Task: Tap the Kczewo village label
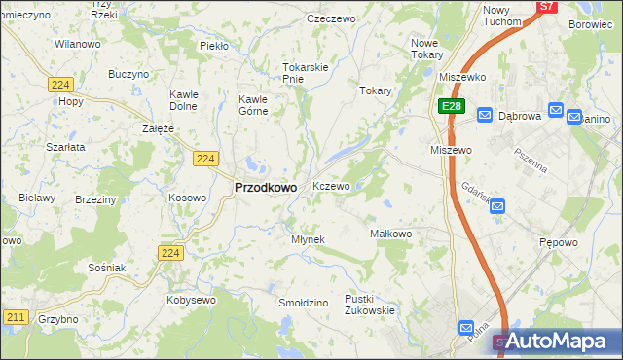(x=331, y=186)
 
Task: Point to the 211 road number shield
(x=15, y=316)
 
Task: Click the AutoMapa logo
(x=559, y=341)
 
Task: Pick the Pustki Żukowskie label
(x=369, y=305)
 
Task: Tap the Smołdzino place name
(x=303, y=303)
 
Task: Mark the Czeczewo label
(x=332, y=18)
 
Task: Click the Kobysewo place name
(x=191, y=300)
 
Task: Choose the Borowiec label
(x=589, y=24)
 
